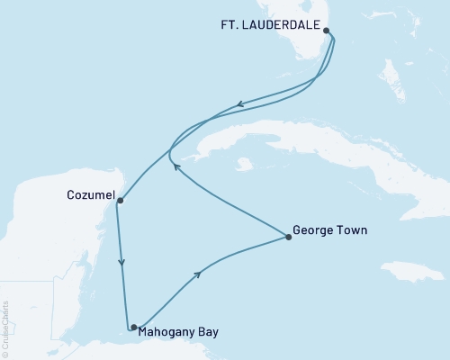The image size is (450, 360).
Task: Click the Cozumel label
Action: [89, 193]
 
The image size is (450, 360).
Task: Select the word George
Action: [315, 231]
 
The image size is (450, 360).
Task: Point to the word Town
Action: [353, 231]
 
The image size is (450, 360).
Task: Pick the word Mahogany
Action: [171, 331]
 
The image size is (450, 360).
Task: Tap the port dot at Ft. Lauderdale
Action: [326, 31]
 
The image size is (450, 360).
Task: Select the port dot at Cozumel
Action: [119, 200]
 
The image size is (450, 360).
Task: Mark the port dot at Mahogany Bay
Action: [133, 328]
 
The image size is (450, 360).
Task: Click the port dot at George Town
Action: [288, 238]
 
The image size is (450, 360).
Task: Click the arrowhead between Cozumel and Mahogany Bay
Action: [121, 263]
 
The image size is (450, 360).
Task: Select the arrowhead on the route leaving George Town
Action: [177, 166]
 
